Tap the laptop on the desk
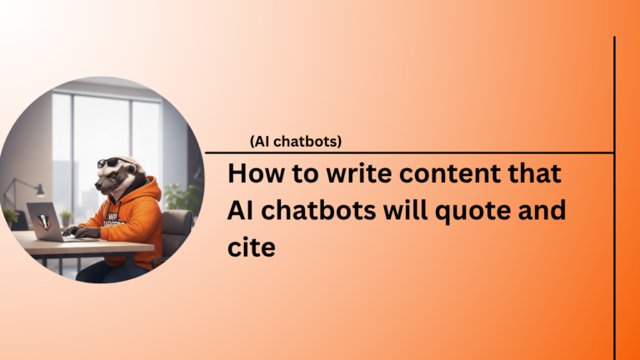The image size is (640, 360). [x=46, y=222]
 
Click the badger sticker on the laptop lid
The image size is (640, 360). [x=42, y=220]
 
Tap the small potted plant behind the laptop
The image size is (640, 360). [x=66, y=217]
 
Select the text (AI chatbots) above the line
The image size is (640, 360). [x=295, y=142]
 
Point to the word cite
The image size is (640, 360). [x=252, y=247]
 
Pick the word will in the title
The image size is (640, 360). [x=403, y=211]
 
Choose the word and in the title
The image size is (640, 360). [x=542, y=211]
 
